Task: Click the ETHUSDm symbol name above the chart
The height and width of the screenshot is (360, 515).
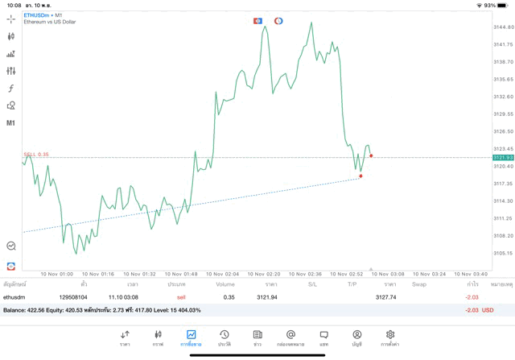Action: click(35, 15)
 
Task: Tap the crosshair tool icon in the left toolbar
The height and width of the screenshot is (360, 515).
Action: click(10, 19)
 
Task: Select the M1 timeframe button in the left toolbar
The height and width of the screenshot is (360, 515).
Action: click(10, 123)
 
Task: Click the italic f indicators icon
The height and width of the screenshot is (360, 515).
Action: click(10, 89)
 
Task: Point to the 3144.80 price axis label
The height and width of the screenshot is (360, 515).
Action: click(503, 27)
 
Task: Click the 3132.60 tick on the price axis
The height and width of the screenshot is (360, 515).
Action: click(503, 97)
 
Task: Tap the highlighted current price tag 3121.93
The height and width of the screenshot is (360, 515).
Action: click(503, 158)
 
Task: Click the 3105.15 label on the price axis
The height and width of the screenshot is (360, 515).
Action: click(503, 253)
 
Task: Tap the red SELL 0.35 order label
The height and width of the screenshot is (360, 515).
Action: click(36, 154)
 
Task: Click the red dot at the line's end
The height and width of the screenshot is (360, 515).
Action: click(371, 156)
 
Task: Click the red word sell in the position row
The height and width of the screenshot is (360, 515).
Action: click(181, 297)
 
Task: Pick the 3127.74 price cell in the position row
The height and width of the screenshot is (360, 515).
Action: click(385, 297)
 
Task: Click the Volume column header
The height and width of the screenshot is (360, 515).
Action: click(225, 284)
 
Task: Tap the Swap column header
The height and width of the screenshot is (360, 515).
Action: click(419, 284)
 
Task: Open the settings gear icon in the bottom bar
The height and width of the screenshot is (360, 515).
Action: click(390, 335)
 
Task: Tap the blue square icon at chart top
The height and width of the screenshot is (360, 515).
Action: click(257, 21)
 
